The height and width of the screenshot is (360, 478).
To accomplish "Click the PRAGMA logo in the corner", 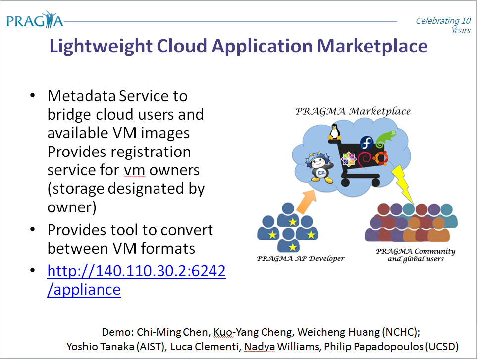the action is [x=35, y=20].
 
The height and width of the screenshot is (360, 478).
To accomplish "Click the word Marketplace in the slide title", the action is [x=372, y=46].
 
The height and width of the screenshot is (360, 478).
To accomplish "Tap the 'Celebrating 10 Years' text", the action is [x=443, y=25].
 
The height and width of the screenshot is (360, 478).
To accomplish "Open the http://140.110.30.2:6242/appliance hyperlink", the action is [x=136, y=280].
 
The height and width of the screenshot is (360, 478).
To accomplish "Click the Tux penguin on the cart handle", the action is [x=334, y=132].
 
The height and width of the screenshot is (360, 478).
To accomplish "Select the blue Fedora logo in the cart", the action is [x=367, y=143].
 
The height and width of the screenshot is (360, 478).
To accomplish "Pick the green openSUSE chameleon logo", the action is [x=386, y=139].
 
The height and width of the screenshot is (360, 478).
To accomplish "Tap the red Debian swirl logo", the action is [x=365, y=160].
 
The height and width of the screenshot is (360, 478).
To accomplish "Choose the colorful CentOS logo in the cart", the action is [x=348, y=159].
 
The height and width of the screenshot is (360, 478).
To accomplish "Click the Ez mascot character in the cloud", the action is [x=319, y=167].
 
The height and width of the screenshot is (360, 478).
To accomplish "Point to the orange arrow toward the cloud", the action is [x=306, y=202].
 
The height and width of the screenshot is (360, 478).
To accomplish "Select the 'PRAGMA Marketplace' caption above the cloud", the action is [x=353, y=111].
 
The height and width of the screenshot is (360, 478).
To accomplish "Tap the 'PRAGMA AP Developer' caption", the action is [x=300, y=259].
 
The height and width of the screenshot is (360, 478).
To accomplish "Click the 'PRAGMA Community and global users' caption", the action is [x=416, y=255].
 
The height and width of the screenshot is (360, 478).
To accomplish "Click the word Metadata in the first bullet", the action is [x=82, y=96].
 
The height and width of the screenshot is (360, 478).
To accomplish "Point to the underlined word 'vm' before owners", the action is [x=134, y=171].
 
